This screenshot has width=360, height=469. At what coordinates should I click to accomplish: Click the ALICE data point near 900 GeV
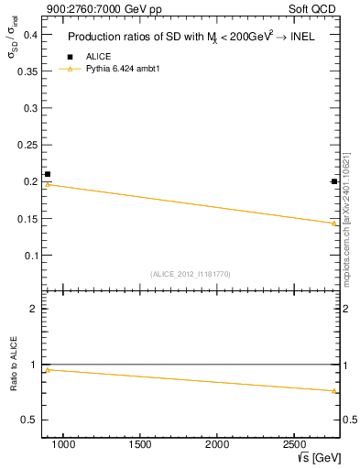pos(48,174)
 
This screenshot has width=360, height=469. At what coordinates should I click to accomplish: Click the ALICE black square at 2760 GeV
pos(334,181)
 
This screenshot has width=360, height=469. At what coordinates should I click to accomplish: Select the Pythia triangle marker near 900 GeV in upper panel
pos(48,184)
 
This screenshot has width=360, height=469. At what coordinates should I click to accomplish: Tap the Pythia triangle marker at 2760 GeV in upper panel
pos(334,223)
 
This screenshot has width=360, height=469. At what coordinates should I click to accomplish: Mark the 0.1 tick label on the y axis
pos(29,255)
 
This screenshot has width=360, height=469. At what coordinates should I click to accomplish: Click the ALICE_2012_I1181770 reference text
pos(191,274)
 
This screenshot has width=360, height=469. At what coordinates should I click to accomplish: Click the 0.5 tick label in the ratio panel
pos(29,420)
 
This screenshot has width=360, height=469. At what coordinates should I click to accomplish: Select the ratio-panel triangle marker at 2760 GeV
pos(334,391)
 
